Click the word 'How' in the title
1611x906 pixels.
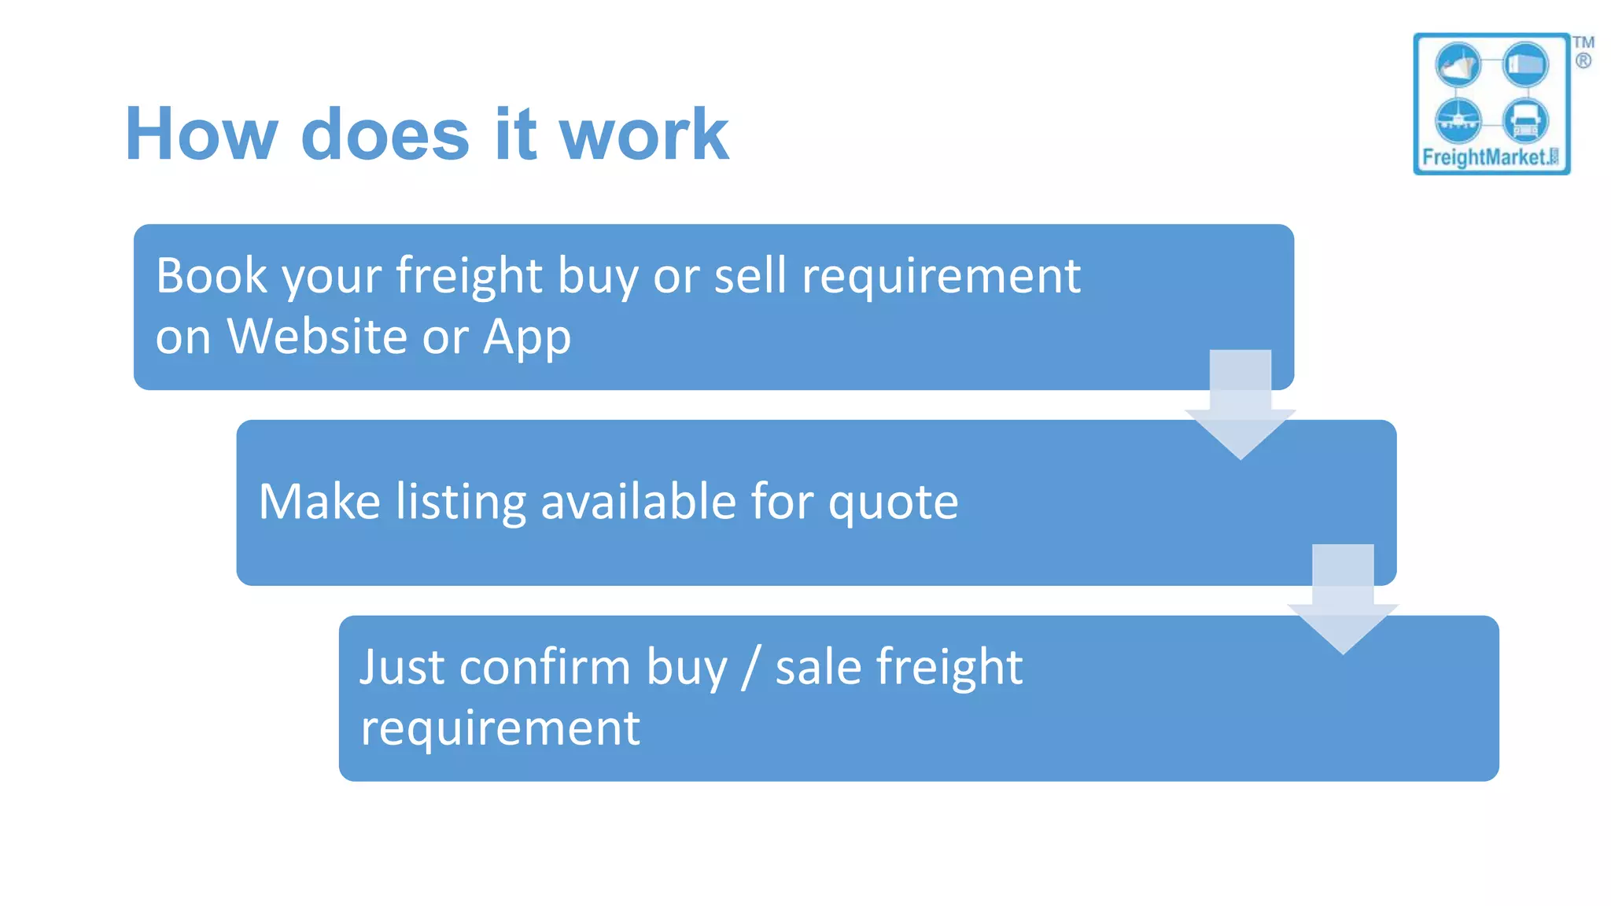click(201, 134)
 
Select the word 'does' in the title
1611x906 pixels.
click(385, 134)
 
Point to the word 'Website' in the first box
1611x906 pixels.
click(317, 337)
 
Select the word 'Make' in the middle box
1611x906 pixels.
click(319, 502)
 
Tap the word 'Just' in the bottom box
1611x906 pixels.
click(401, 667)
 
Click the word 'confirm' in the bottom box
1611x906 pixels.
click(545, 667)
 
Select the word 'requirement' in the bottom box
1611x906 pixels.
click(500, 728)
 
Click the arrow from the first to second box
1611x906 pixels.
click(1240, 405)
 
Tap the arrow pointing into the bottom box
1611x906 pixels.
click(1343, 599)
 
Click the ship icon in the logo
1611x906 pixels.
click(1458, 64)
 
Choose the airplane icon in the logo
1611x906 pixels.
click(1458, 120)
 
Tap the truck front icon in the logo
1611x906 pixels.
click(1525, 120)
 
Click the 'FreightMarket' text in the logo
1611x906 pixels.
click(1484, 157)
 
